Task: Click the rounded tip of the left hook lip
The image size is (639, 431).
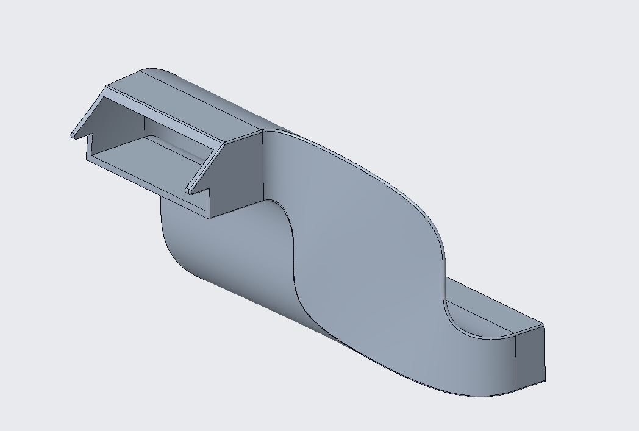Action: pyautogui.click(x=74, y=134)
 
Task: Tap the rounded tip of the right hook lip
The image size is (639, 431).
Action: pyautogui.click(x=189, y=190)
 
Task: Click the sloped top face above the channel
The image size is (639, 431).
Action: pyautogui.click(x=201, y=104)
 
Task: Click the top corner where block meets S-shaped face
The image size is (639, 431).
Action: pyautogui.click(x=263, y=130)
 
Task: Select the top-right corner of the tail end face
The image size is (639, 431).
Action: pyautogui.click(x=544, y=326)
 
